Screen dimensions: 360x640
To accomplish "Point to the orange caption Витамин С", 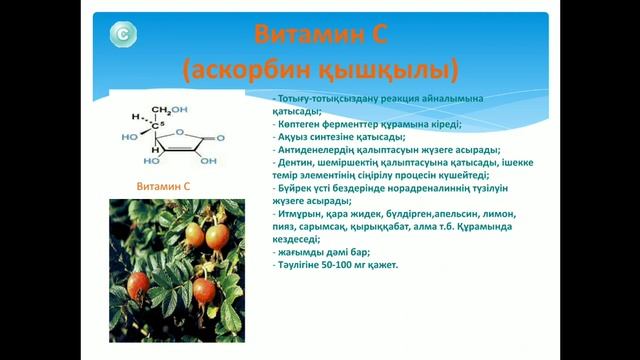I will tap(162, 187).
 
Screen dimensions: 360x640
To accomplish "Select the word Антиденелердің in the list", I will tap(315, 150).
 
